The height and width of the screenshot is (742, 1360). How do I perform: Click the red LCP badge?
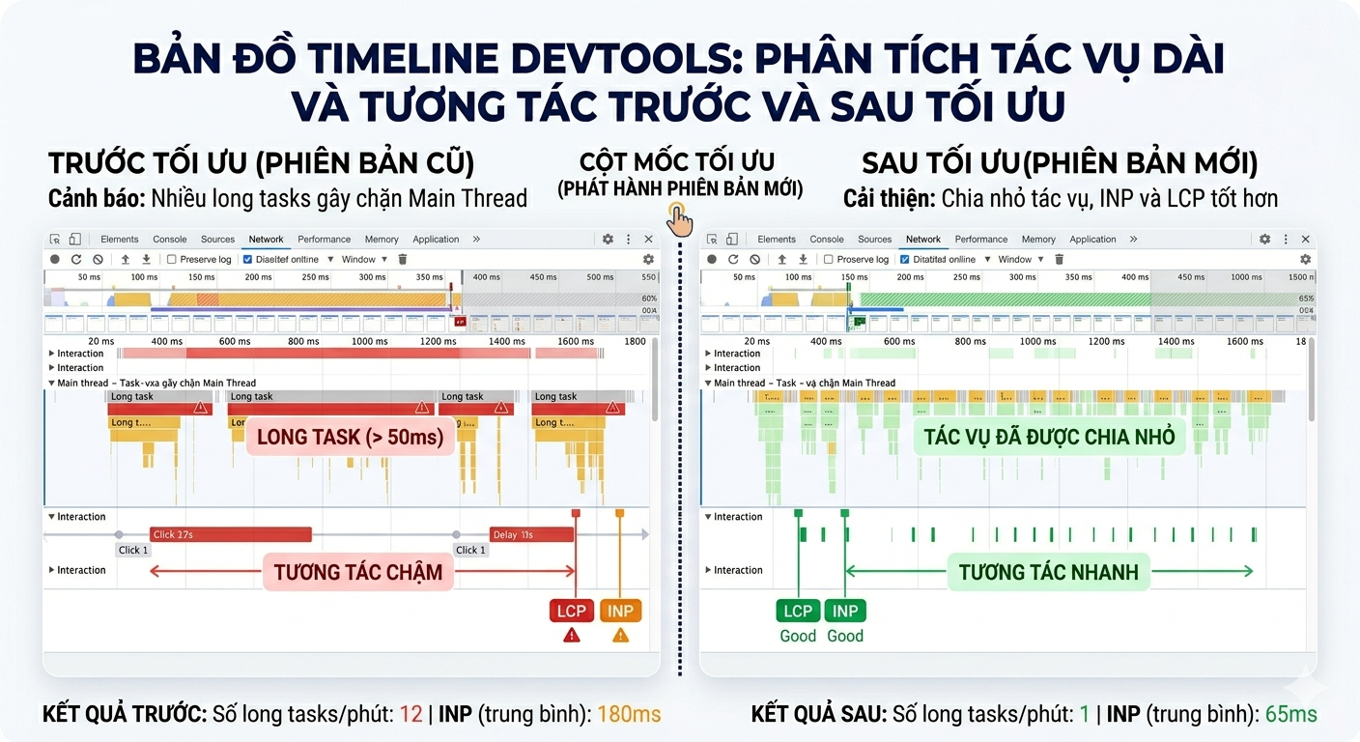tap(572, 611)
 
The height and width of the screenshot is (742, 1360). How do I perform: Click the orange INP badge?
tap(620, 611)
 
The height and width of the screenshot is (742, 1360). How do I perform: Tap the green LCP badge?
tap(798, 611)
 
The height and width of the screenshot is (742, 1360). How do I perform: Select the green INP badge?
tap(845, 611)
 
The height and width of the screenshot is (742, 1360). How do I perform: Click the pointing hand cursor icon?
tap(680, 219)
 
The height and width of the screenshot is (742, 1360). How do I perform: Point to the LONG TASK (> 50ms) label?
tap(350, 437)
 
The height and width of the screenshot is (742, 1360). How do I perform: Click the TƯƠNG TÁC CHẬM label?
tap(357, 572)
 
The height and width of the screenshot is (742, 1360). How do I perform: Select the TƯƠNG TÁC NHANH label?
tap(1048, 572)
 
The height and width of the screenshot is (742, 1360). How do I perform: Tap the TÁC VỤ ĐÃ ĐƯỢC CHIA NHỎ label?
tap(1049, 437)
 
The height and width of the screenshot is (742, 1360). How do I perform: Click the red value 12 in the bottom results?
tap(411, 715)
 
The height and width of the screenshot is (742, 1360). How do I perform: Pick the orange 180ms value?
tap(629, 715)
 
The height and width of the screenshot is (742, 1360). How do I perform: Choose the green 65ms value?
tap(1291, 715)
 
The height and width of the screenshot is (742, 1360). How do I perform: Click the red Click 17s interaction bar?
tap(230, 534)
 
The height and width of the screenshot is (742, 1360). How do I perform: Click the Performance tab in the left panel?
tap(324, 240)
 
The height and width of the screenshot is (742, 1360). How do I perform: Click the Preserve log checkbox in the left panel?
tap(172, 259)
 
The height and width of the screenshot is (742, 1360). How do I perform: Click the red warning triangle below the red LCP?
tap(572, 636)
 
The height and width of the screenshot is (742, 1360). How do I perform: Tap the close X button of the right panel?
tap(1306, 240)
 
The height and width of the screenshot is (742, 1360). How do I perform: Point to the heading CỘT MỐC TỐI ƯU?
tap(677, 162)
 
